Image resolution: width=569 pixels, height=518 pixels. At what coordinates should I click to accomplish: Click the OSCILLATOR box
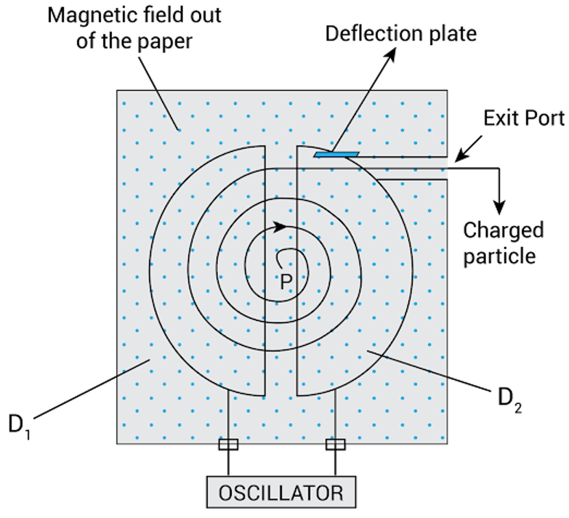281,493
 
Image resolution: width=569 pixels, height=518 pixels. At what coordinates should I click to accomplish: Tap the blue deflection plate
336,155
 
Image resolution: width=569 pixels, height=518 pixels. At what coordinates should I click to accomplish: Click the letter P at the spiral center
286,281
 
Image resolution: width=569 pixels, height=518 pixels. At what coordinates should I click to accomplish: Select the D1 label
19,426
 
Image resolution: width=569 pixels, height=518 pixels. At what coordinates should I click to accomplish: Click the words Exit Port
524,118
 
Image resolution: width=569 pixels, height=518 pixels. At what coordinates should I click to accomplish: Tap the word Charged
504,231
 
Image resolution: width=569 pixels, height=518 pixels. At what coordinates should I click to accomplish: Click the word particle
499,256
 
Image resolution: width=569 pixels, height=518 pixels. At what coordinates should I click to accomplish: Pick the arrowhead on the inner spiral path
280,227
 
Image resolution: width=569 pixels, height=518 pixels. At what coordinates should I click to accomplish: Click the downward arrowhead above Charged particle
500,208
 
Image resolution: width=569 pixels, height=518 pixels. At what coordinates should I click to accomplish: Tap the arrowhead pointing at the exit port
460,157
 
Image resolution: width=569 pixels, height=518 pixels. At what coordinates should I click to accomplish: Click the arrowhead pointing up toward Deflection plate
391,54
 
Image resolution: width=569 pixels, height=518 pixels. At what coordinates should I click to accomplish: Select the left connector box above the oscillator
228,445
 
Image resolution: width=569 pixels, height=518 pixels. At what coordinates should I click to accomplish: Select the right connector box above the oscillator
335,445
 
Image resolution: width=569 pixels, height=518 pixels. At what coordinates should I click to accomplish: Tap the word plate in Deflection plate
453,33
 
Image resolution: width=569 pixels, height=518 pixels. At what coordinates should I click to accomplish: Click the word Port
546,118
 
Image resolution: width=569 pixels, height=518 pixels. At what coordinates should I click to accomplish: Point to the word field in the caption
165,15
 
